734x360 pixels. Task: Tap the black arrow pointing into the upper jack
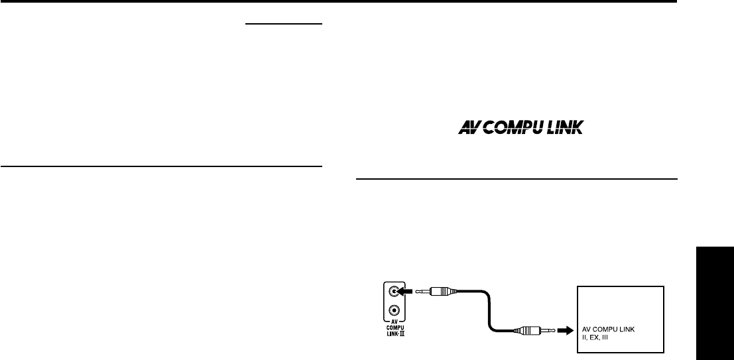[x=408, y=290]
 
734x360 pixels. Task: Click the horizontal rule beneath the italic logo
[x=517, y=179]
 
